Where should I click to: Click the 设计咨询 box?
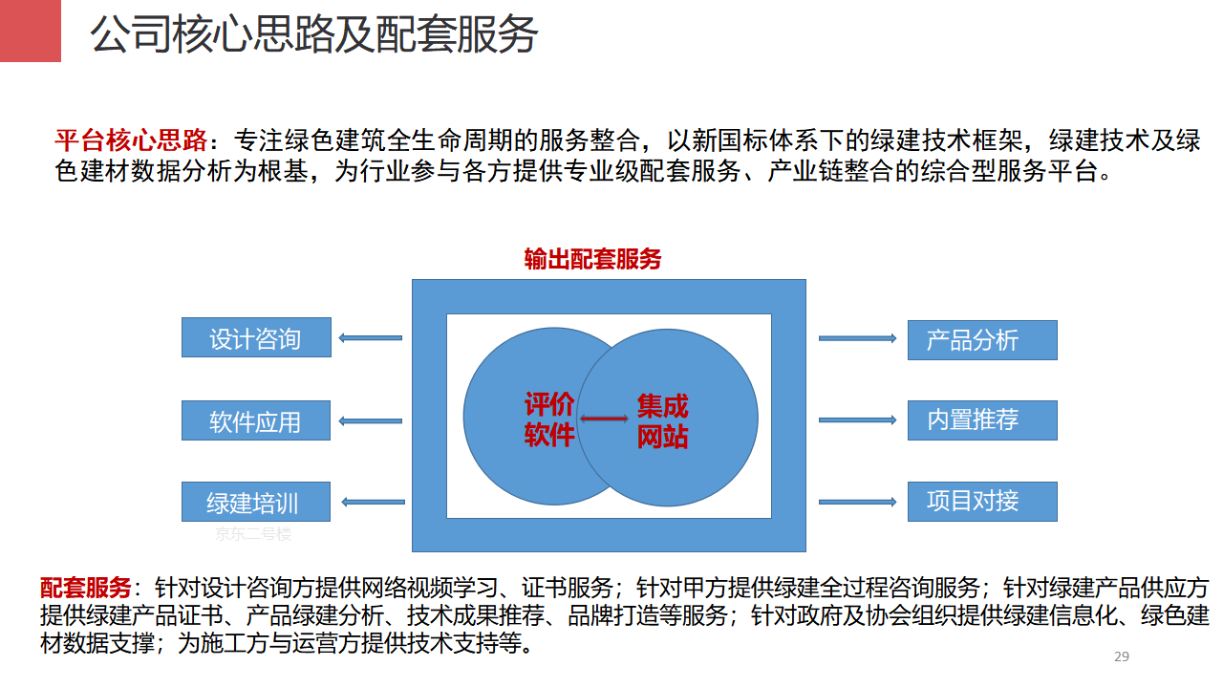coord(256,337)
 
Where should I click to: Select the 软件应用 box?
coord(256,420)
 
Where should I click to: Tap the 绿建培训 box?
coord(256,502)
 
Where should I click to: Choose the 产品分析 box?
coord(982,340)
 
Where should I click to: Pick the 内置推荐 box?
coord(982,420)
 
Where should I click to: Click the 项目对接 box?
coord(982,502)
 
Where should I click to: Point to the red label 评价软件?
coord(548,419)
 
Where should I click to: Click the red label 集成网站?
coord(662,421)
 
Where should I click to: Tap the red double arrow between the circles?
coord(604,419)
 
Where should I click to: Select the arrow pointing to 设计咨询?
coord(370,338)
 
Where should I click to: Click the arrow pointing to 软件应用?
coord(370,421)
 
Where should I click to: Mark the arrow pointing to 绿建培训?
coord(373,502)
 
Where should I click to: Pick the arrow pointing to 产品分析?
coord(857,338)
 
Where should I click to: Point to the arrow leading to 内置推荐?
coord(857,419)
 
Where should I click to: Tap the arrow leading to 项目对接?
coord(857,502)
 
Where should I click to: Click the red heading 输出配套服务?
coord(592,259)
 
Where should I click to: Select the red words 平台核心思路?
coord(131,140)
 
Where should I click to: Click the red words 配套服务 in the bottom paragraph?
coord(86,588)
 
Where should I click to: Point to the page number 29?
coord(1122,656)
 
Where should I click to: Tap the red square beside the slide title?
coord(31,31)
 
